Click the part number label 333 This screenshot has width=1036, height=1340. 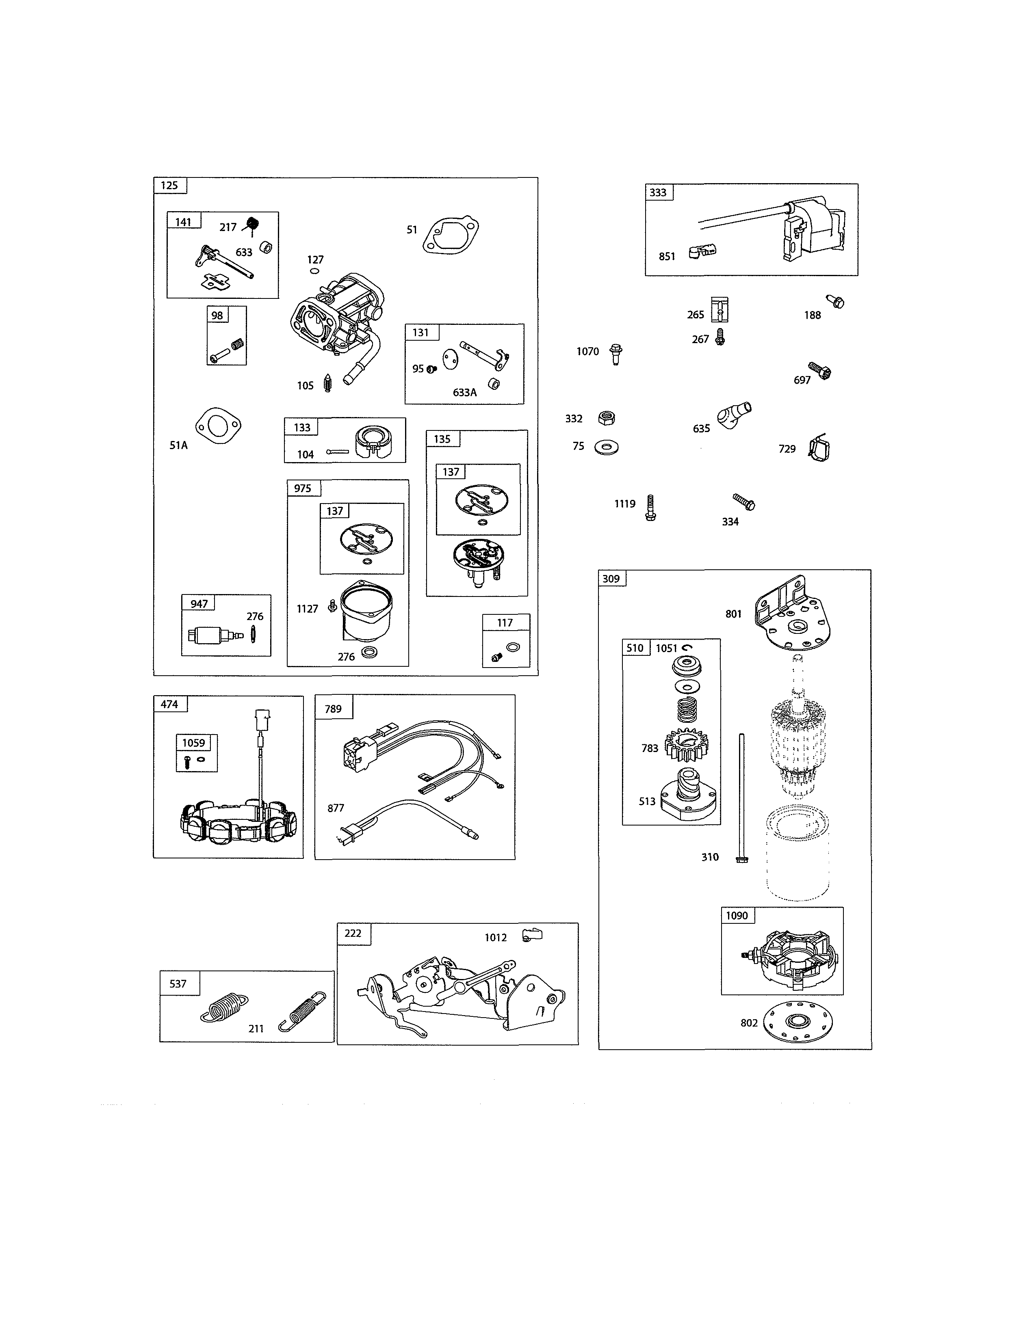click(x=658, y=192)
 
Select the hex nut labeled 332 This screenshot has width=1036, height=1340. click(x=607, y=418)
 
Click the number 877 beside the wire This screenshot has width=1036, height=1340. click(x=336, y=808)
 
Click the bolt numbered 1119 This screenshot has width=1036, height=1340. click(x=650, y=508)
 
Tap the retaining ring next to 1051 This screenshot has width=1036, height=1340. click(x=687, y=647)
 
